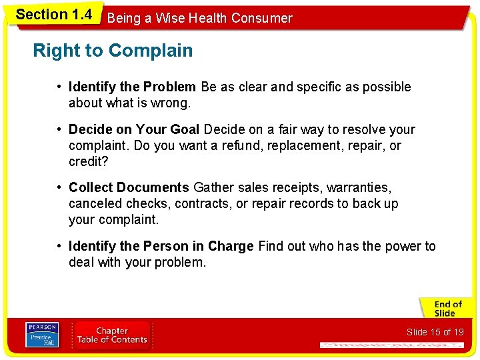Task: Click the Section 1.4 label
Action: pos(53,14)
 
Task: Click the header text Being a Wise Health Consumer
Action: pos(199,18)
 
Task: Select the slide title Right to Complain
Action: pos(113,51)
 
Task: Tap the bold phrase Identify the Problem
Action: pos(132,87)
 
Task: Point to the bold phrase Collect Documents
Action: pos(129,188)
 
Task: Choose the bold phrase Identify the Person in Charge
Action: pos(161,247)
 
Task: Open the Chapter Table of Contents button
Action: pos(112,335)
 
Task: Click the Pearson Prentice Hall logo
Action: pos(42,335)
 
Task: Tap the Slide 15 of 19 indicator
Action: pos(434,332)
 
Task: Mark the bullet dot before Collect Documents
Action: pos(59,188)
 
